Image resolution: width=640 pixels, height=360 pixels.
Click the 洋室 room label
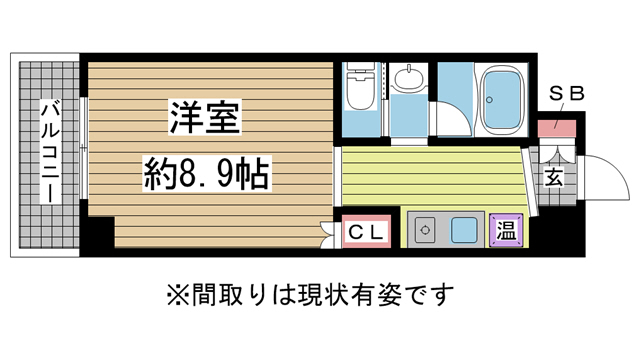click(205, 118)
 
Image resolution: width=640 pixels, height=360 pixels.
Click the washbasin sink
click(406, 80)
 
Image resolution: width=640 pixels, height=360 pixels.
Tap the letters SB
click(566, 95)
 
